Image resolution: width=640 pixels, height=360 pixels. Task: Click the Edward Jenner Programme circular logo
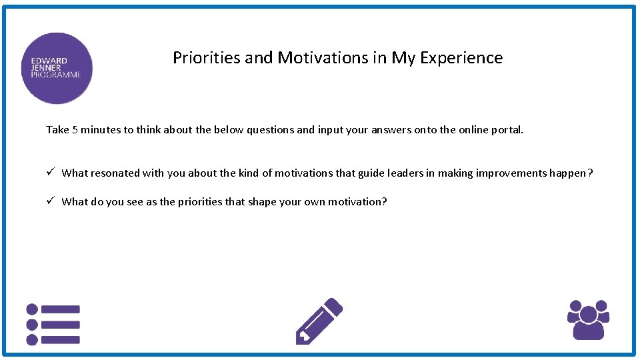[x=57, y=68]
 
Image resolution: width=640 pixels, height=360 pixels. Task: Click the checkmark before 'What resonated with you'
[x=50, y=173]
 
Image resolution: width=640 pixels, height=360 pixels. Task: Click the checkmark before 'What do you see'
[x=50, y=201]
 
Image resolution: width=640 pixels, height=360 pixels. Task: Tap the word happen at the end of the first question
[x=568, y=173]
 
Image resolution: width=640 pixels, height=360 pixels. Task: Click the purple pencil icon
[x=318, y=321]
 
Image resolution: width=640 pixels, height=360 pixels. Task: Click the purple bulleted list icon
[x=53, y=325]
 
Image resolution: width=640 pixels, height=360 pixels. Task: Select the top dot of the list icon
[x=31, y=309]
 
